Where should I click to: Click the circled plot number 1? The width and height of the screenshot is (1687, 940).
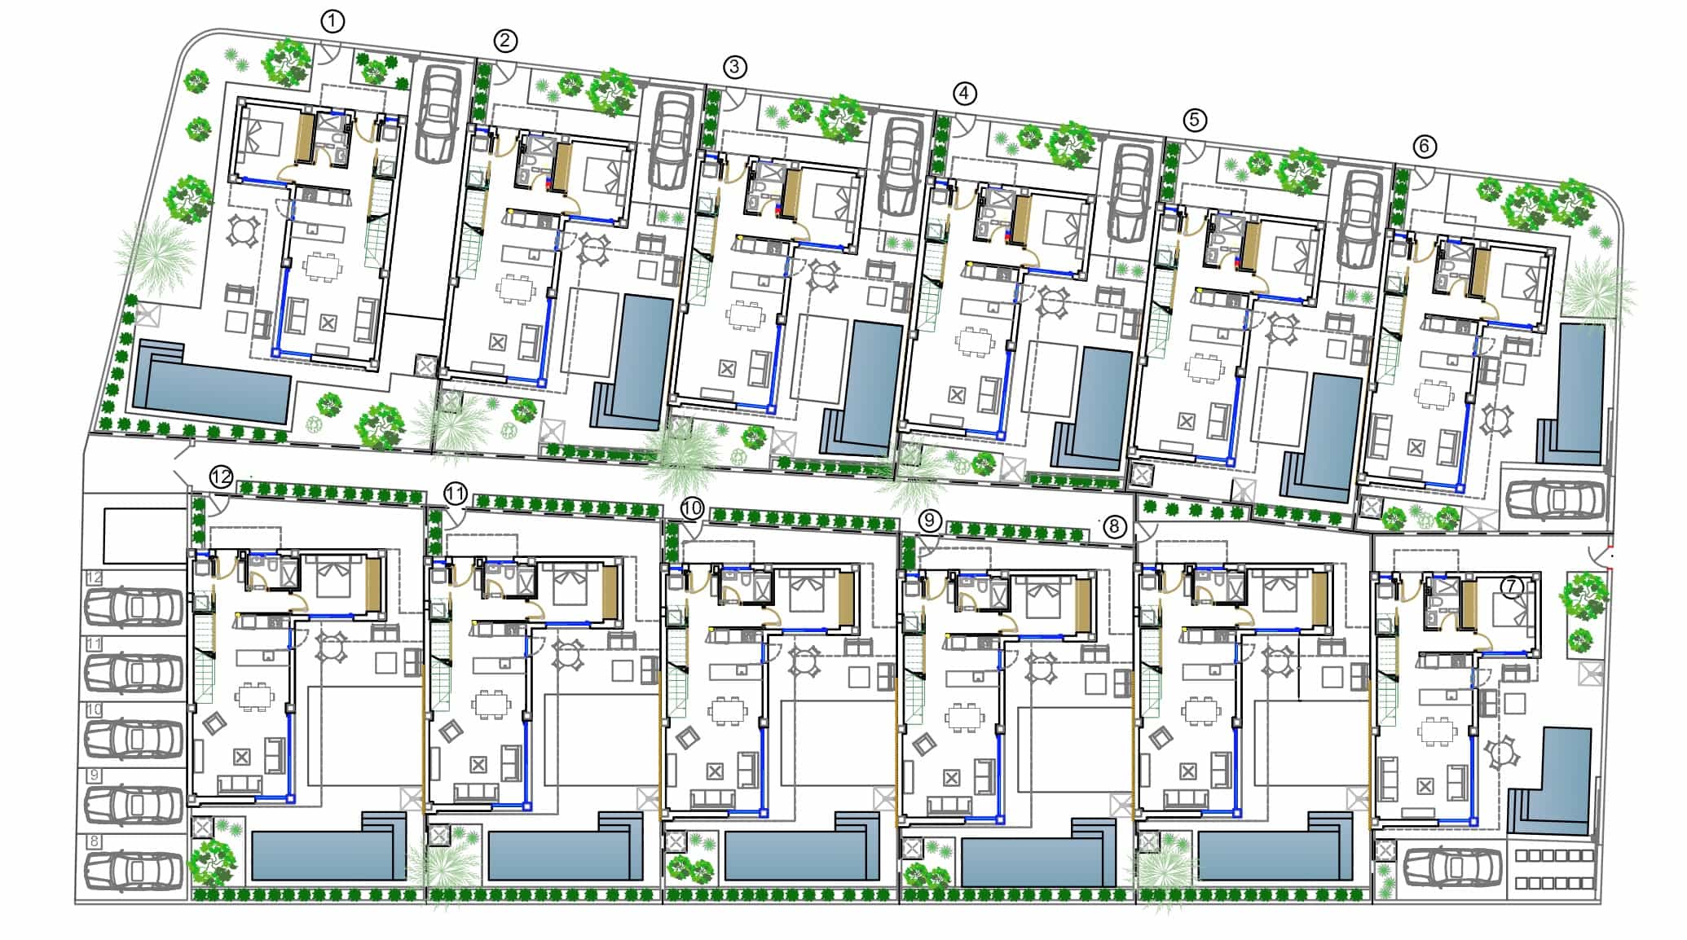[x=332, y=21]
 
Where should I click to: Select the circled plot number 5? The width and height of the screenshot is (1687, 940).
[x=1194, y=121]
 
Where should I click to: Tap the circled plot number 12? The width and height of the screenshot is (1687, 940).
[x=222, y=477]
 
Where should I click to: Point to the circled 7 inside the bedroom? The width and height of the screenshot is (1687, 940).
[x=1512, y=587]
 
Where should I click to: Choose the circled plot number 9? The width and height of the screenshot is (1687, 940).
[x=930, y=521]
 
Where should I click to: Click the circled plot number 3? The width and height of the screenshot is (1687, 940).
[x=734, y=67]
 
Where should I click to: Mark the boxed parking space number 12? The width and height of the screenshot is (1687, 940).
[x=95, y=578]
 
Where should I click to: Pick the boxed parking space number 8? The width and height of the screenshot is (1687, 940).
[x=95, y=842]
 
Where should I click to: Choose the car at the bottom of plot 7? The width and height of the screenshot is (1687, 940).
[x=1452, y=867]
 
